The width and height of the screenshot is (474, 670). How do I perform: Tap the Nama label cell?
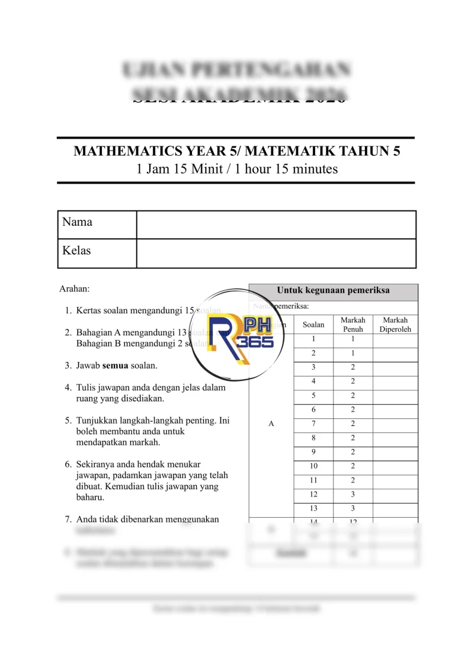click(78, 222)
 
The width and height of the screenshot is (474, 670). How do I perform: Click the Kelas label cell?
click(77, 251)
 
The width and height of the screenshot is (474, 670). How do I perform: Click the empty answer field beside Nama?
click(276, 225)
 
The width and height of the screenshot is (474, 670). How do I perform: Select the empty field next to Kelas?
click(276, 253)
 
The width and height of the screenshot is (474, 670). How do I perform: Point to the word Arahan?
click(75, 289)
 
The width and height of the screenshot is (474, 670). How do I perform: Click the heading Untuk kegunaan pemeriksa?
click(333, 291)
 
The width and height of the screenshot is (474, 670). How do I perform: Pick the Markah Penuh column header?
click(353, 324)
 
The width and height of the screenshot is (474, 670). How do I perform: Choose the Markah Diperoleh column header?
click(395, 324)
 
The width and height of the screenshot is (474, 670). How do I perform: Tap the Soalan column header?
click(313, 325)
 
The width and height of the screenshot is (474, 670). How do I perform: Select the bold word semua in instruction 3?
click(116, 366)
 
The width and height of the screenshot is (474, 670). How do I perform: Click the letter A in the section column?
click(271, 424)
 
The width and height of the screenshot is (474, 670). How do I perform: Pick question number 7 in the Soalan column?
click(313, 424)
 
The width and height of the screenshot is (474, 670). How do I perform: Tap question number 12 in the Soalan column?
click(313, 494)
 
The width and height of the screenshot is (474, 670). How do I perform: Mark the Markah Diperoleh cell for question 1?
click(395, 339)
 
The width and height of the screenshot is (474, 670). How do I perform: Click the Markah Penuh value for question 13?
click(353, 508)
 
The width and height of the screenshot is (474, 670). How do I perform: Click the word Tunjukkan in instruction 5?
click(97, 421)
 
